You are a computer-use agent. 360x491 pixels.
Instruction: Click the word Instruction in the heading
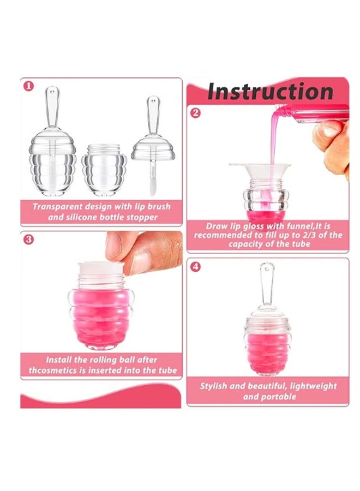tap(270, 91)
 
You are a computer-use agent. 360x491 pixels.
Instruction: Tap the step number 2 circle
tap(195, 113)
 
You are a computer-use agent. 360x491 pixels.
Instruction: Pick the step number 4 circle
tap(195, 267)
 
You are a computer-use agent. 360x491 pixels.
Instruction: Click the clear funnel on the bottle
tap(260, 171)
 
